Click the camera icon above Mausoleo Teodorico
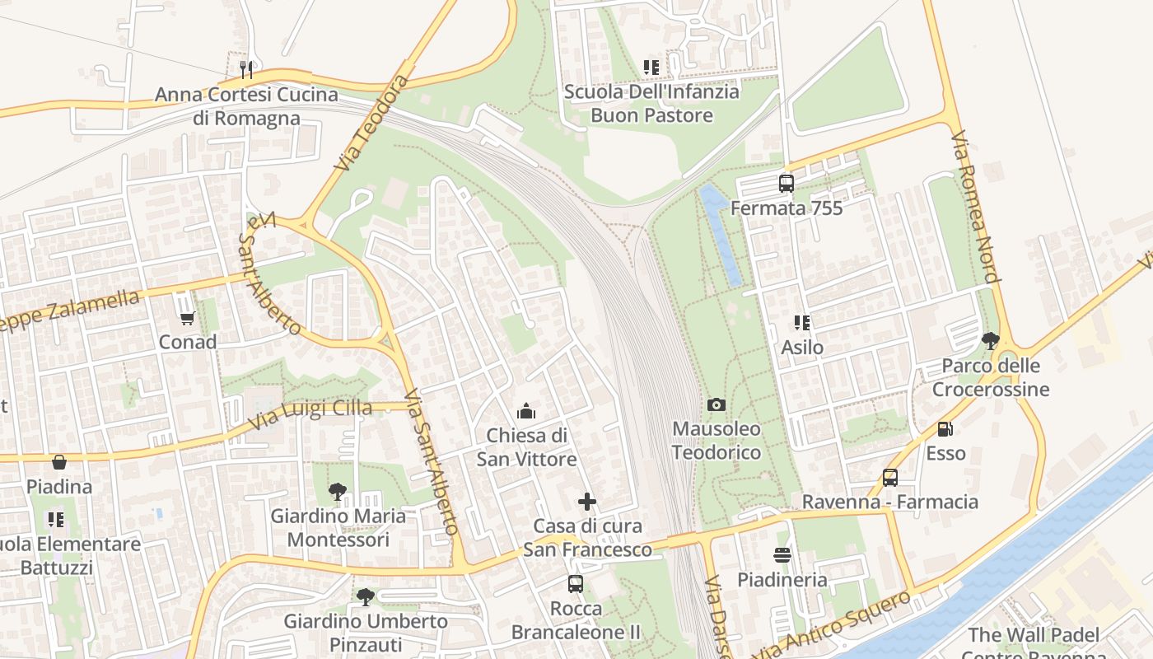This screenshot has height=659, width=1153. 717,404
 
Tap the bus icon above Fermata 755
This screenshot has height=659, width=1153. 787,183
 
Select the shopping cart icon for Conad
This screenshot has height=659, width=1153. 187,317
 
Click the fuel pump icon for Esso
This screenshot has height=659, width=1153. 945,428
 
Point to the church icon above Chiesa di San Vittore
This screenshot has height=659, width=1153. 525,410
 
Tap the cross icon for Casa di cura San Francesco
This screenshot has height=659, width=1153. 586,501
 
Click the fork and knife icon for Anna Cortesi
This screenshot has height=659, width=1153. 246,69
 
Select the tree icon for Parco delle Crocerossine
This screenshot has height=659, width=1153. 991,340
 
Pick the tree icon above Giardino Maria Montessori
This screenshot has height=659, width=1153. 337,492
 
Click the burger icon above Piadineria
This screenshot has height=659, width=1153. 782,555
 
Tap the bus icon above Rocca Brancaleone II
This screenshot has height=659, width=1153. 576,584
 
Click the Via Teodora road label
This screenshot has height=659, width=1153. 371,123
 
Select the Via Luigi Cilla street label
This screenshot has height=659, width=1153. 312,414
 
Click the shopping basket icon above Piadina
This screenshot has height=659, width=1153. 58,462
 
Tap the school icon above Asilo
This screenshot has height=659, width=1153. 801,322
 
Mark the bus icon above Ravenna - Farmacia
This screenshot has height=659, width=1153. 890,477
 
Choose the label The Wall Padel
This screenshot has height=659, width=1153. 1033,635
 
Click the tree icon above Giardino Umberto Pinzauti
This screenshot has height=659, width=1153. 365,596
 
